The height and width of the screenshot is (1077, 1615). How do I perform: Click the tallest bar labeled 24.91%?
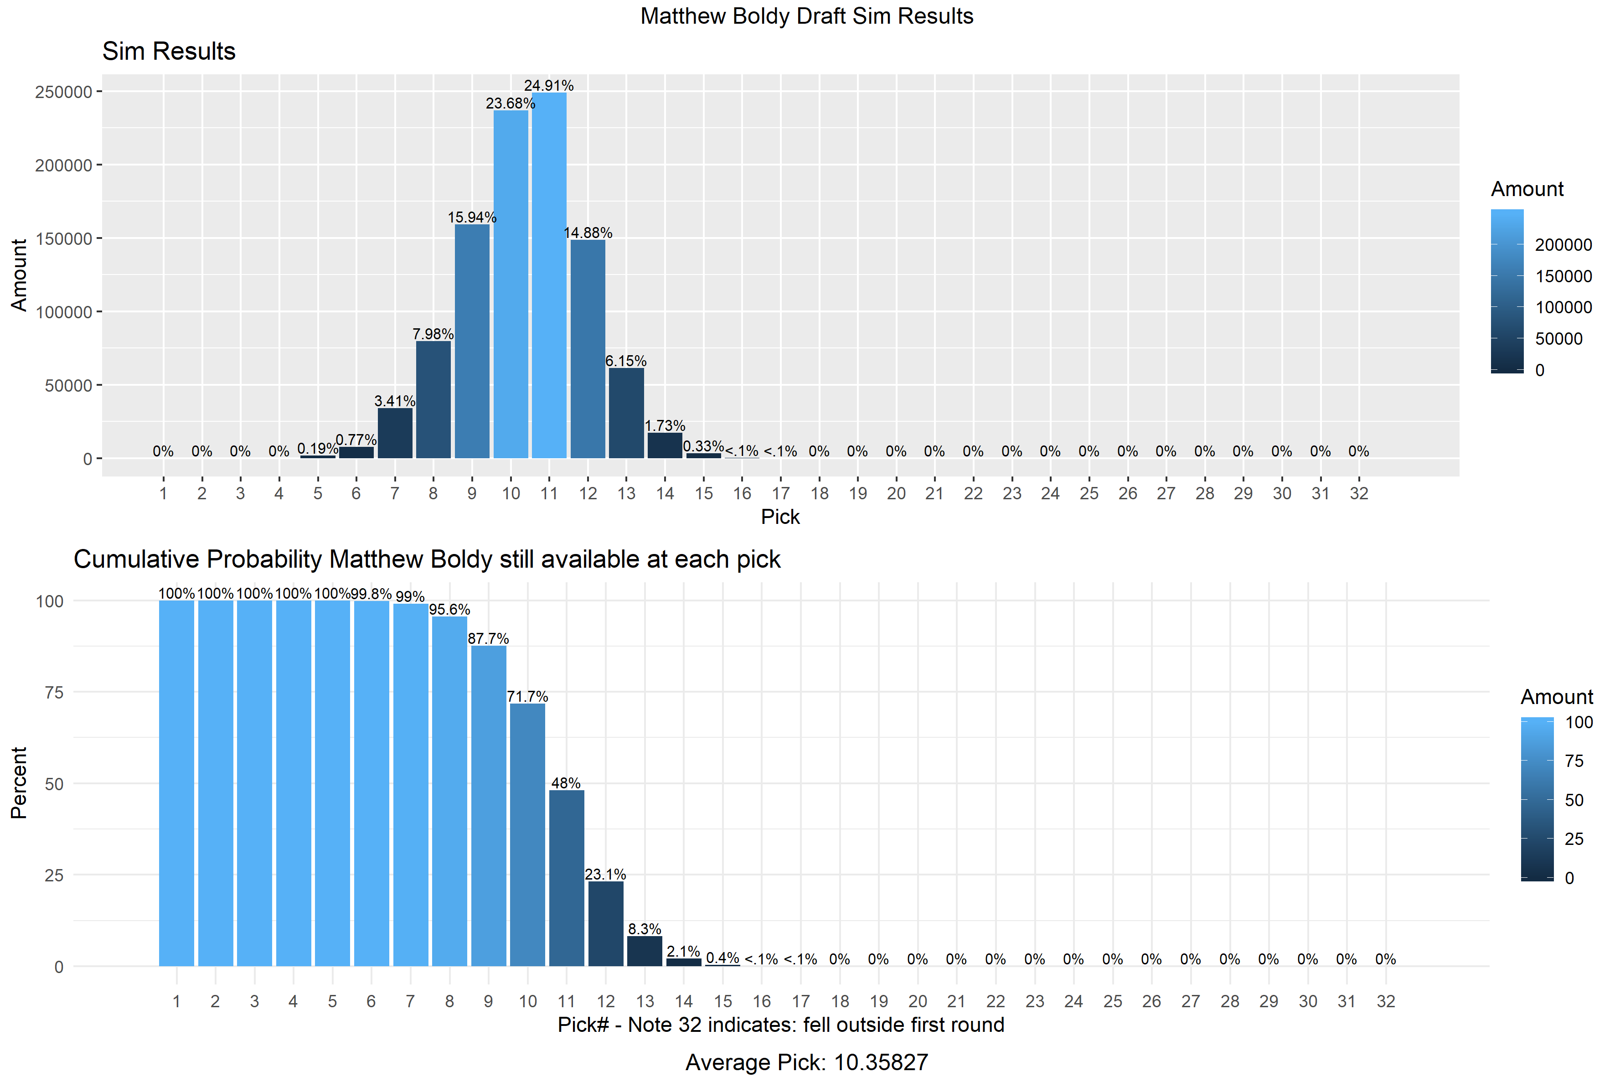(x=549, y=275)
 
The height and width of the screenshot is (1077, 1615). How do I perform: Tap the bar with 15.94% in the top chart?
(x=472, y=341)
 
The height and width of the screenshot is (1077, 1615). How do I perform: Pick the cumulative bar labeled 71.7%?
(x=527, y=834)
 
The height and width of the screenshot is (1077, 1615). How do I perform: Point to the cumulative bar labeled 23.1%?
(x=606, y=923)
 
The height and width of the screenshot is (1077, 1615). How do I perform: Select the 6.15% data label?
(x=625, y=361)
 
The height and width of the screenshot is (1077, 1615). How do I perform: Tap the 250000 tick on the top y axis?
(x=63, y=92)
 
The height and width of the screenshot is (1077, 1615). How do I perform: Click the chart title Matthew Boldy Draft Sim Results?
(x=807, y=16)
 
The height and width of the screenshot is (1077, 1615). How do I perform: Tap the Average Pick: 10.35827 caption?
(x=807, y=1062)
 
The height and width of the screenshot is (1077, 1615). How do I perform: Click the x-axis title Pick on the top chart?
(x=780, y=517)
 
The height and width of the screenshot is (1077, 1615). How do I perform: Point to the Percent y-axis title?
(x=19, y=783)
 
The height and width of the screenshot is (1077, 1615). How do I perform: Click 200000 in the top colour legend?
(x=1563, y=245)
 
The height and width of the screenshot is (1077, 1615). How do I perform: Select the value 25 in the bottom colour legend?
(x=1574, y=839)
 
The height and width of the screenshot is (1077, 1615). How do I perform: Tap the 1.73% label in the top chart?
(x=665, y=426)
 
